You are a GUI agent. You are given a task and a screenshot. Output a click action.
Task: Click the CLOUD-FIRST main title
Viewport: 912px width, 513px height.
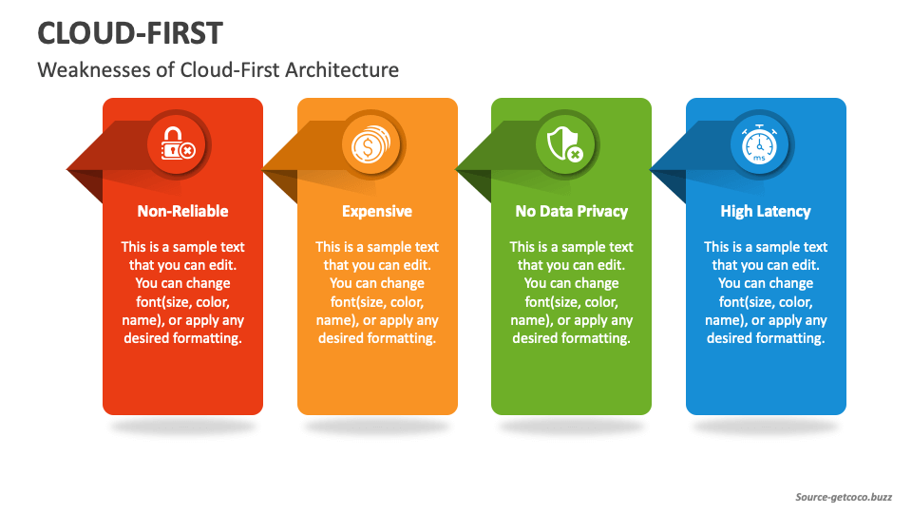(x=129, y=33)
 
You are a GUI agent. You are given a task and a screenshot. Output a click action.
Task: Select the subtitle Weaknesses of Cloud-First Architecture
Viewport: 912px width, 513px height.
(x=218, y=70)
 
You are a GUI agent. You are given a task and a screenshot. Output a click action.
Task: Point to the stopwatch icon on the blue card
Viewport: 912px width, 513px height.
(x=760, y=144)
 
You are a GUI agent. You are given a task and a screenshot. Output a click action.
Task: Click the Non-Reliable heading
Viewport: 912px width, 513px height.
(x=182, y=211)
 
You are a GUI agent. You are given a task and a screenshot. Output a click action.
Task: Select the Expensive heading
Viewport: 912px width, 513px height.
(x=377, y=211)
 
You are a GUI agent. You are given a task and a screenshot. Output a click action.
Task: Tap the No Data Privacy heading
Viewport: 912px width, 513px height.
(x=571, y=211)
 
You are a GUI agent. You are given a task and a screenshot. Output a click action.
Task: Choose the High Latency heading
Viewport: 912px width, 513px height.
(x=766, y=211)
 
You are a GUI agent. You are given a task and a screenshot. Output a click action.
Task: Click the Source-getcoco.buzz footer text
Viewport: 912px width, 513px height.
(x=845, y=497)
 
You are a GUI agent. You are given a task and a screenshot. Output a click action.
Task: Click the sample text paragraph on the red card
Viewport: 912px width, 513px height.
(x=182, y=293)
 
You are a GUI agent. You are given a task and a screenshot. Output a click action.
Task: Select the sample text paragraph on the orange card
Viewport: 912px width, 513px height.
(x=377, y=293)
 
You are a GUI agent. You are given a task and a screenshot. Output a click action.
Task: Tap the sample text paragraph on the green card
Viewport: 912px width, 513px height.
(x=571, y=293)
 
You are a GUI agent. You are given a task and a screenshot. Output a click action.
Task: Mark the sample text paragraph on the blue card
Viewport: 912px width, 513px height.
(x=766, y=293)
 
